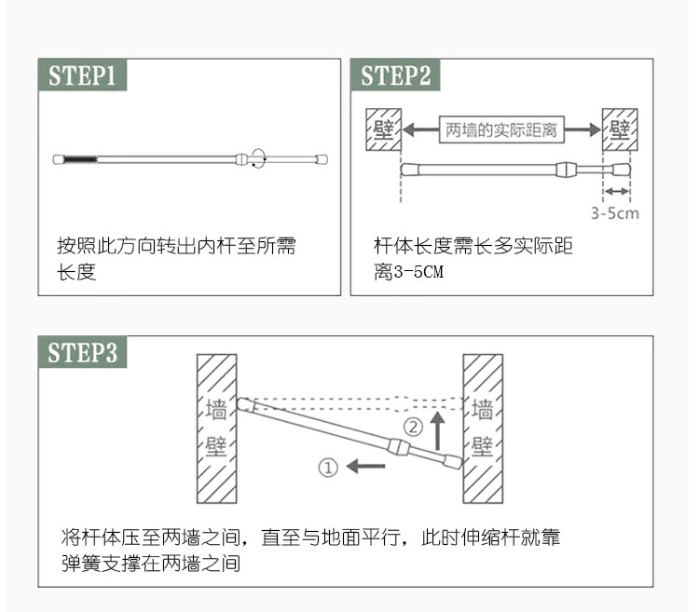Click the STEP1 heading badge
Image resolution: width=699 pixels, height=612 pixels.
pos(82,75)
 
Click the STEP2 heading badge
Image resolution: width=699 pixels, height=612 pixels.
pos(395,75)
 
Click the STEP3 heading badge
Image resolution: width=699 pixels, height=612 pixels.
pos(82,352)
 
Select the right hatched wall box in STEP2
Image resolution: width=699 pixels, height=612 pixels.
pos(621,129)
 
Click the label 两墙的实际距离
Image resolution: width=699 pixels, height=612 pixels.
pos(501,129)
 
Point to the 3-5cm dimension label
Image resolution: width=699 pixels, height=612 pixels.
pos(615,213)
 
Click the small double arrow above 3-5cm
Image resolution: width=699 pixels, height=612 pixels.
pos(616,192)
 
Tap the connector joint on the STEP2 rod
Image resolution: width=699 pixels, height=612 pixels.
pos(567,170)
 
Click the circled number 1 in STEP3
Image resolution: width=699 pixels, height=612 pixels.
pos(327,468)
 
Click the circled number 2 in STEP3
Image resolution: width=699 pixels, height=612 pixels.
pos(413,428)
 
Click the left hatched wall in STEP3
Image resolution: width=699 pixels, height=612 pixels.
pos(216,428)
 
